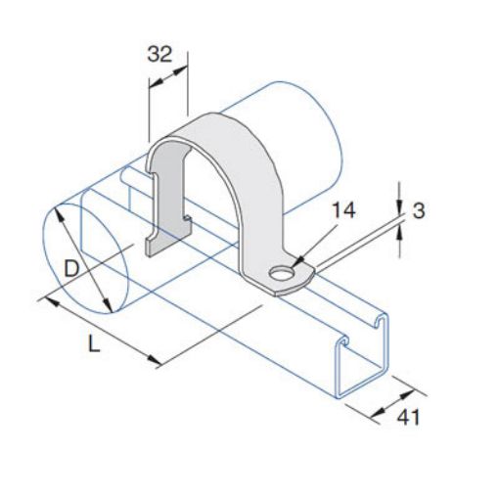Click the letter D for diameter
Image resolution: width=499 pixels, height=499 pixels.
point(71,266)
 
